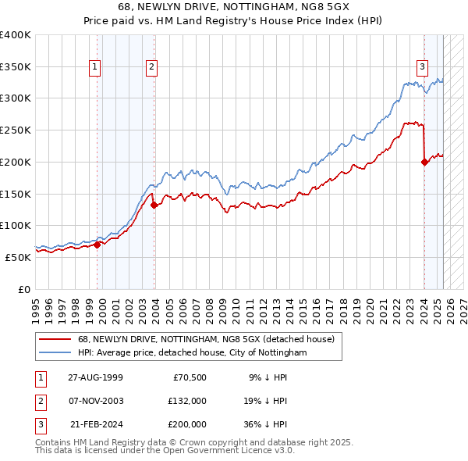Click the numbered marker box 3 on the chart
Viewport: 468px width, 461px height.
pyautogui.click(x=422, y=67)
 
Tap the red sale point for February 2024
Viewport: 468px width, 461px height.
pyautogui.click(x=424, y=163)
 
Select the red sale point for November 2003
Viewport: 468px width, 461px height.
pyautogui.click(x=154, y=205)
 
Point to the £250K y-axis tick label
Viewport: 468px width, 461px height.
pyautogui.click(x=16, y=130)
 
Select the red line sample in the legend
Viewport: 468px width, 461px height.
pyautogui.click(x=55, y=339)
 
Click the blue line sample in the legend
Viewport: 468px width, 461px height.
pyautogui.click(x=55, y=353)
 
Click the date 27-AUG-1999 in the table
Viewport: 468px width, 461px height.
pyautogui.click(x=95, y=377)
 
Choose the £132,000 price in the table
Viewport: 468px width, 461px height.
pyautogui.click(x=187, y=401)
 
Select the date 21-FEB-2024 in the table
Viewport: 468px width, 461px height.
pyautogui.click(x=95, y=424)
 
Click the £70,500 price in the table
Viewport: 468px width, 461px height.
pyautogui.click(x=190, y=377)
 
